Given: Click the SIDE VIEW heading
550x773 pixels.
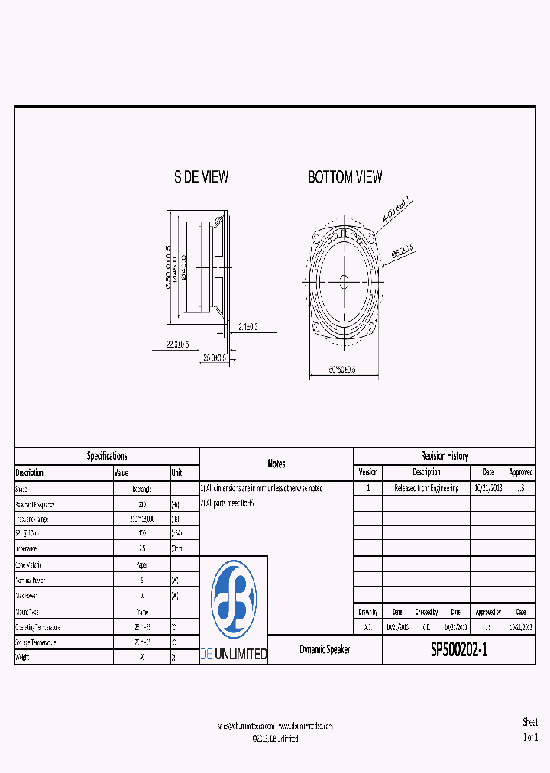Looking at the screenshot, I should [201, 177].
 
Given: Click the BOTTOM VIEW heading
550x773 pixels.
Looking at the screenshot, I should [345, 177].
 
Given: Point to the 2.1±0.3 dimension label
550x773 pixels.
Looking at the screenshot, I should [247, 326].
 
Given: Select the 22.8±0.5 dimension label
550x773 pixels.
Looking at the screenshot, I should [178, 344].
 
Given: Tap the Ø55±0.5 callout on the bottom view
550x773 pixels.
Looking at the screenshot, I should [402, 250].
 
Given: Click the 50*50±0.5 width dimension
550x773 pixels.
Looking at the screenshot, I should [343, 370].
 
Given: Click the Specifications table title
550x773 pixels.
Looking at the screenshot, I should [107, 456].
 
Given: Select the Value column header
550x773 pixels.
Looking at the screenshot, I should [121, 473].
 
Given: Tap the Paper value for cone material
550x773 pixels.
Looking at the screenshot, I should [142, 565].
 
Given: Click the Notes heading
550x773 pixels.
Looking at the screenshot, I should [277, 464].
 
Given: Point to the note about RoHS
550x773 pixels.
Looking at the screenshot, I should [226, 503].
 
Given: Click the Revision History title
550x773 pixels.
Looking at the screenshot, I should [444, 456].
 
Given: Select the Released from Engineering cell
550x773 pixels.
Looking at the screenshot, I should [426, 488].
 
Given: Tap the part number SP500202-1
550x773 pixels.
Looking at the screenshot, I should [458, 650].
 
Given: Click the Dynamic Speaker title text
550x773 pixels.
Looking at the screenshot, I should [325, 650].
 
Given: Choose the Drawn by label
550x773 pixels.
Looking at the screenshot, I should [368, 612].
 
